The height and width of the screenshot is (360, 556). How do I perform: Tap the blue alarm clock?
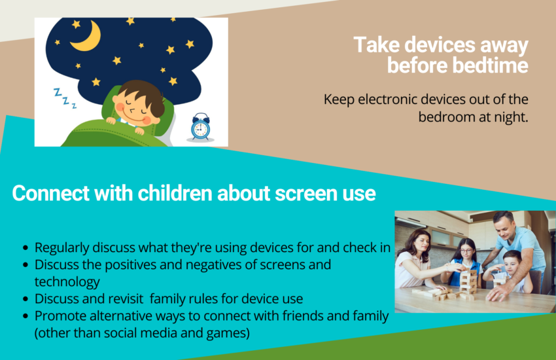tap(200, 127)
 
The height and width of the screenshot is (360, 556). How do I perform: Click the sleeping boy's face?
tap(136, 107)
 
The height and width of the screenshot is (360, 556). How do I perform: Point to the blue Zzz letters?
tap(65, 98)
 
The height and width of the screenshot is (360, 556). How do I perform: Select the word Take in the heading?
tap(377, 45)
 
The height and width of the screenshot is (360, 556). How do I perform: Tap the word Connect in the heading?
tap(51, 193)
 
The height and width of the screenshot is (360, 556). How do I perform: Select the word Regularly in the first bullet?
tap(61, 248)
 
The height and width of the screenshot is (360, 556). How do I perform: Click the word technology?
tap(67, 282)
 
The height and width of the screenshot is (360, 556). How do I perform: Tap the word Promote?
tap(60, 315)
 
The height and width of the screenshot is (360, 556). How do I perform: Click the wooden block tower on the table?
tap(468, 283)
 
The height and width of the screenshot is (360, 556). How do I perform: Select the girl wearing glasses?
tap(466, 262)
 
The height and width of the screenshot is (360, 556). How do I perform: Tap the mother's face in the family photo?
tap(422, 243)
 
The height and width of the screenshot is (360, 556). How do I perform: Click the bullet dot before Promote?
tap(25, 315)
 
